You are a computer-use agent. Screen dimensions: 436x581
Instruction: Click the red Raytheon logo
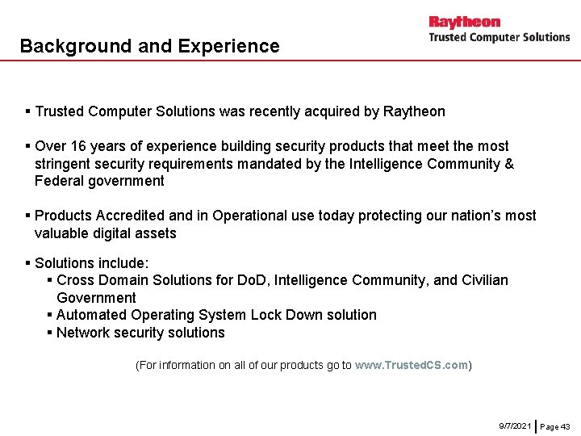pyautogui.click(x=464, y=22)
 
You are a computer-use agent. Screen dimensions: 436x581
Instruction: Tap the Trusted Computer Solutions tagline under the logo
pyautogui.click(x=499, y=37)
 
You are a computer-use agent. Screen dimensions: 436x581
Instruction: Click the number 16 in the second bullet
pyautogui.click(x=79, y=146)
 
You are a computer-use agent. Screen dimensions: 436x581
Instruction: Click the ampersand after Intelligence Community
pyautogui.click(x=508, y=164)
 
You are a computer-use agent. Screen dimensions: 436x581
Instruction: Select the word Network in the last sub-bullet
pyautogui.click(x=83, y=333)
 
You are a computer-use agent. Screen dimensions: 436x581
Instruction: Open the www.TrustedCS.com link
pyautogui.click(x=412, y=365)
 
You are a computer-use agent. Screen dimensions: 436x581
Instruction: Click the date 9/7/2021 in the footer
pyautogui.click(x=515, y=426)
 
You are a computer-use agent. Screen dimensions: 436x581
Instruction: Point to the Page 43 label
pyautogui.click(x=555, y=426)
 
